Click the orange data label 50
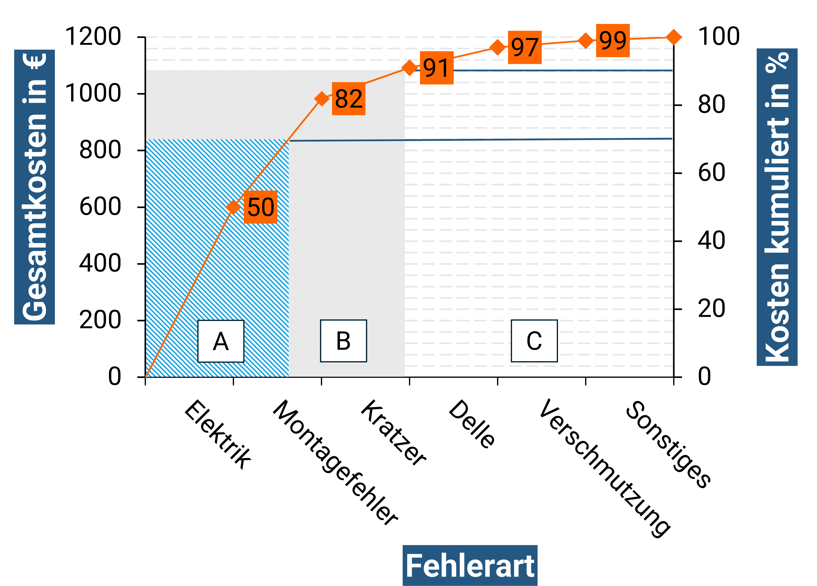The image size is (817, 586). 260,207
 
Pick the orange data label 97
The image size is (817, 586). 524,47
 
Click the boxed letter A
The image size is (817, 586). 221,341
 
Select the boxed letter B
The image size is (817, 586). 343,341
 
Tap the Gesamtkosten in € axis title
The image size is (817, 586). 35,187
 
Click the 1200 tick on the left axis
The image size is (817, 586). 93,37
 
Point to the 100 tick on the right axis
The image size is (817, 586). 719,37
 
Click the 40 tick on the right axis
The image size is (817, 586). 711,241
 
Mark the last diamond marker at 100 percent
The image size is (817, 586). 674,37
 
